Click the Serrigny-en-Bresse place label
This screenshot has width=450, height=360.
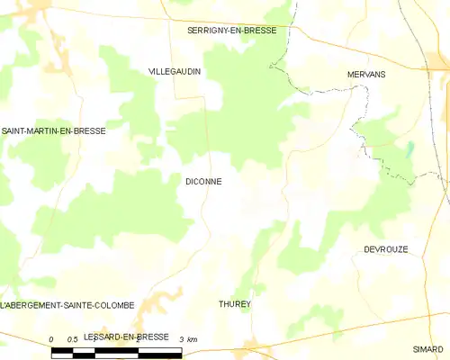pyautogui.click(x=231, y=30)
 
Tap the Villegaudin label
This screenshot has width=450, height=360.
pyautogui.click(x=175, y=70)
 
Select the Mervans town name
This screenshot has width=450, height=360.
pyautogui.click(x=366, y=75)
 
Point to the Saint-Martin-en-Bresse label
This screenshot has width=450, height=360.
pyautogui.click(x=53, y=131)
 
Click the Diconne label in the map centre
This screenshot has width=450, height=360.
pyautogui.click(x=203, y=181)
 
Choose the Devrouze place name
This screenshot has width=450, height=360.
pyautogui.click(x=386, y=249)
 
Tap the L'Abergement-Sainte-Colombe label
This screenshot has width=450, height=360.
pyautogui.click(x=67, y=306)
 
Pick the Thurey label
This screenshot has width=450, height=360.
pyautogui.click(x=235, y=304)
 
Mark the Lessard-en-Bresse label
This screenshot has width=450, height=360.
pyautogui.click(x=125, y=337)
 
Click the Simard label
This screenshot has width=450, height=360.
pyautogui.click(x=428, y=347)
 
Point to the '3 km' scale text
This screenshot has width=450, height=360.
pyautogui.click(x=190, y=338)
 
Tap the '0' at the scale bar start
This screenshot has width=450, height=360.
pyautogui.click(x=52, y=338)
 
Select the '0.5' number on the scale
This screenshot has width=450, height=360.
pyautogui.click(x=73, y=338)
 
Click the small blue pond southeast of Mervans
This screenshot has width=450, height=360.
pyautogui.click(x=410, y=149)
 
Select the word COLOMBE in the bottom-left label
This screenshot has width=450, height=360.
pyautogui.click(x=112, y=306)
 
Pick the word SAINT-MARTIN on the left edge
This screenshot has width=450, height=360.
pyautogui.click(x=29, y=131)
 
